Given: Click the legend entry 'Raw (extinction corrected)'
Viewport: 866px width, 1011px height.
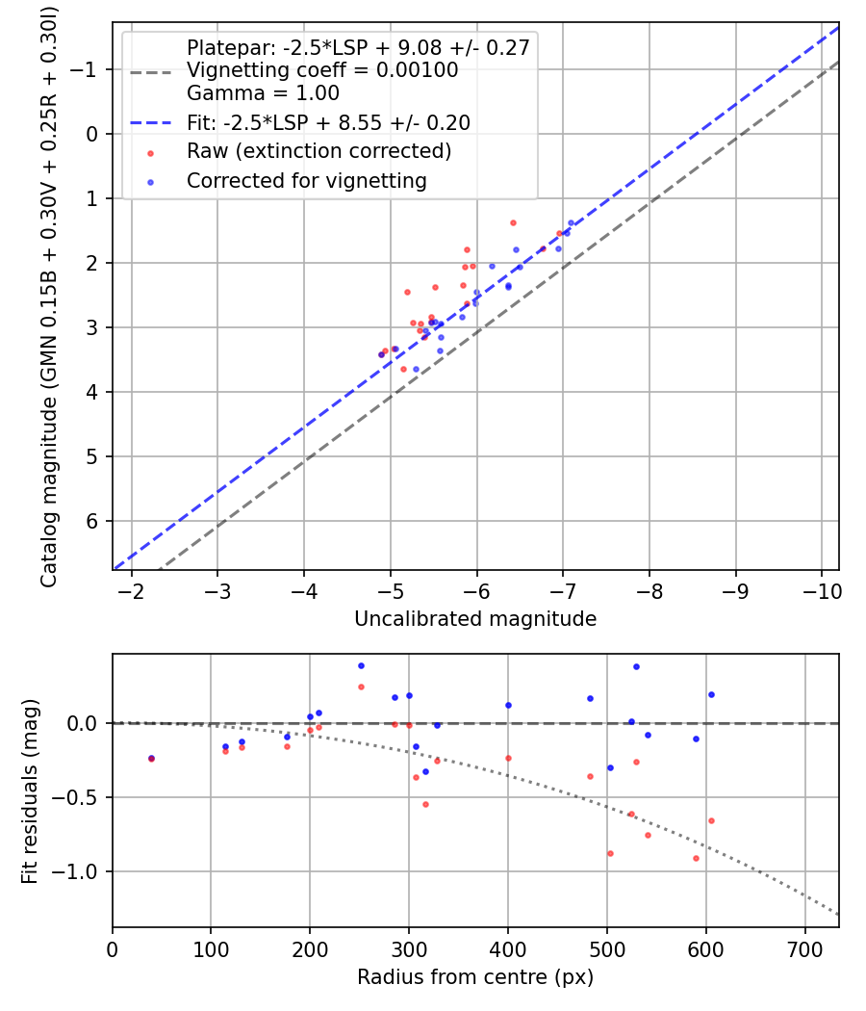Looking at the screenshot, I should pyautogui.click(x=318, y=151).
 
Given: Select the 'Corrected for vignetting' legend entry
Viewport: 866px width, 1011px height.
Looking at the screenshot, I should pyautogui.click(x=306, y=180).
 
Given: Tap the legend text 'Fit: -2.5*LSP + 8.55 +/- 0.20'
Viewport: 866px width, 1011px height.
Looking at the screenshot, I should pyautogui.click(x=328, y=122).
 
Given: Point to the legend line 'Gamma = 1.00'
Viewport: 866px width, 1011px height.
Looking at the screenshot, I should pyautogui.click(x=263, y=93).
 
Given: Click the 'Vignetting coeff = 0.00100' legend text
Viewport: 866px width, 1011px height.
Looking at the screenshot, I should pyautogui.click(x=322, y=70).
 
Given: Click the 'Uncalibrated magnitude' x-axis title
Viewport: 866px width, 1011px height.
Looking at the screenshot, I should pyautogui.click(x=475, y=619).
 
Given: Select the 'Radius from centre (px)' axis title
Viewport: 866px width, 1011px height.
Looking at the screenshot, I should pyautogui.click(x=475, y=977).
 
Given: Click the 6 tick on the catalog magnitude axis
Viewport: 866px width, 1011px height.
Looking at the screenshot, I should pyautogui.click(x=92, y=521).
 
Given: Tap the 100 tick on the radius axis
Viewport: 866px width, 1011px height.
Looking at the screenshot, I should pyautogui.click(x=211, y=948).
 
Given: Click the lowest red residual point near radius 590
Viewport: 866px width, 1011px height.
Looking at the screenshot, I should pyautogui.click(x=696, y=858).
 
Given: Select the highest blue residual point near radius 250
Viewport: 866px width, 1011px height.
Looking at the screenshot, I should pyautogui.click(x=361, y=665).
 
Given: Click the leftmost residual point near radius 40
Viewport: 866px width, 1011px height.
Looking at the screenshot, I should pyautogui.click(x=151, y=759).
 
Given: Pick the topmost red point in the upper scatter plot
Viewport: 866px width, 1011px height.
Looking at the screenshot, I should pyautogui.click(x=513, y=222).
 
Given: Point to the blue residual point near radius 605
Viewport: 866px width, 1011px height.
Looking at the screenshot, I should pyautogui.click(x=711, y=694).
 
